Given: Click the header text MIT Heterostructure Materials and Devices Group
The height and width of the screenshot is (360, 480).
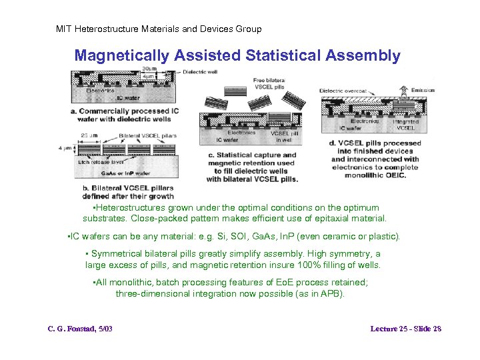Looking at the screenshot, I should tap(159, 29).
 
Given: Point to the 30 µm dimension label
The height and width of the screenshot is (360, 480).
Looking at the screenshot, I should tap(150, 69).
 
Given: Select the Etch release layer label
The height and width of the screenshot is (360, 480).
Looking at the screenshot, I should tap(101, 162).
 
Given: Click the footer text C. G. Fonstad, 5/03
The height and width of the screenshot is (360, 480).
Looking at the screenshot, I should tap(80, 329).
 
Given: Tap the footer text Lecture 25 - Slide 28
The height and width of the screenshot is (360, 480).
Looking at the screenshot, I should tap(406, 329).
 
